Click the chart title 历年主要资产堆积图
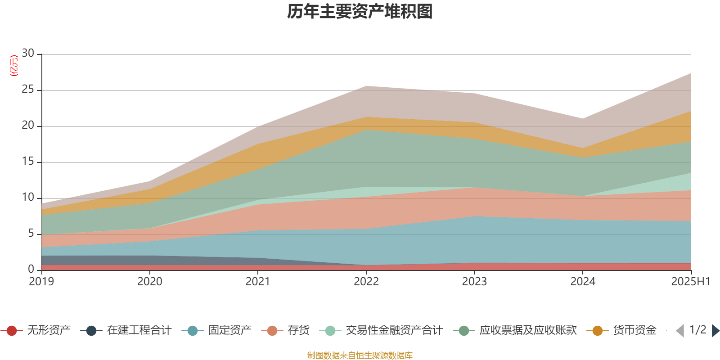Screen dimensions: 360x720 point(360,12)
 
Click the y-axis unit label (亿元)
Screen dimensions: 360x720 point(14,66)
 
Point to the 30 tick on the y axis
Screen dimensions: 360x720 point(28,53)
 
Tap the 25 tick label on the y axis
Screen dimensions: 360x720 point(28,90)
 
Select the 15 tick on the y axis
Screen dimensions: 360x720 point(28,162)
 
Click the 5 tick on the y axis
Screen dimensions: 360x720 point(31,234)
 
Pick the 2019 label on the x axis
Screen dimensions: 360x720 point(41,282)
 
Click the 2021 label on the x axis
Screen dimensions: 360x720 point(258,282)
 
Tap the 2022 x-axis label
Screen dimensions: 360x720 point(366,282)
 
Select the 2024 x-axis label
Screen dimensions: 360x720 point(583,282)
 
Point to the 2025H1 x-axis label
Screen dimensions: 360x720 point(690,282)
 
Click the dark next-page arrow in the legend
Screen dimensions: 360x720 point(715,331)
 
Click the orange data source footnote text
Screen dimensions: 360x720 point(360,355)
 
